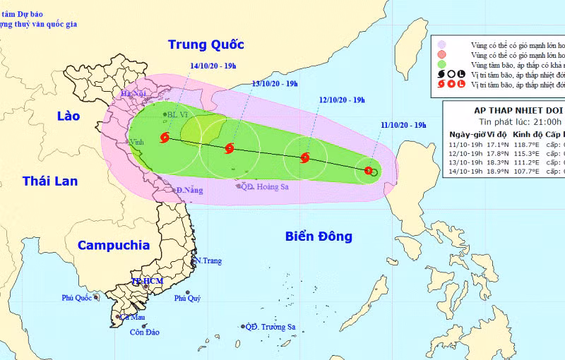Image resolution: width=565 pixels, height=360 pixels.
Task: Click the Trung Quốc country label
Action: tap(206, 44)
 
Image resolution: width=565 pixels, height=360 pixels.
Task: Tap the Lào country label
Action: tap(69, 116)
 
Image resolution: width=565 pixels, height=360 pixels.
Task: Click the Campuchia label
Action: tap(114, 245)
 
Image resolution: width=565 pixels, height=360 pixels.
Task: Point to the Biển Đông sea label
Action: tap(319, 236)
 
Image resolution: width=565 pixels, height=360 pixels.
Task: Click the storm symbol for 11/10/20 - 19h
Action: tap(369, 170)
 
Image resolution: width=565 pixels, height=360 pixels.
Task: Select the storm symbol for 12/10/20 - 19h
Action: tap(305, 158)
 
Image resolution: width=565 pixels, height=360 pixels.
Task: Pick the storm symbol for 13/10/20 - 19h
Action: tap(229, 148)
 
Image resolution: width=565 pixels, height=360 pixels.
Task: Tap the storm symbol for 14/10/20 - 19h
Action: tap(165, 138)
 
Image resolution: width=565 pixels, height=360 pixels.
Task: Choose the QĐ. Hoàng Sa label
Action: tap(266, 187)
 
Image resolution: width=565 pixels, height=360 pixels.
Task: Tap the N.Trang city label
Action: tap(208, 261)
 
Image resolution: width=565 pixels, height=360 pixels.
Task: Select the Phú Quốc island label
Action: tap(76, 298)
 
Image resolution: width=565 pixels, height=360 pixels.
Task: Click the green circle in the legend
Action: tap(441, 64)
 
